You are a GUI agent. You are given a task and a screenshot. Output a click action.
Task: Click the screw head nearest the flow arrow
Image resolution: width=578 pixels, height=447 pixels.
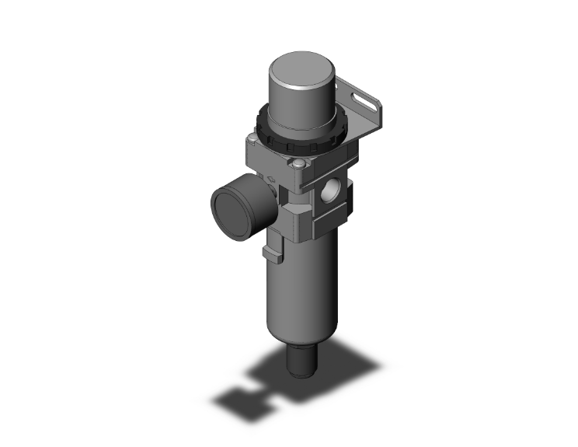coord(298,164)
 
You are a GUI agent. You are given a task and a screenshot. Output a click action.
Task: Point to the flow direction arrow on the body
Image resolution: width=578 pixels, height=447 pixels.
coord(274,181)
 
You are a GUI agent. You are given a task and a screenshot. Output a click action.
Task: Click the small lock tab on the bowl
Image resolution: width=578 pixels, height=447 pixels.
coord(269,250)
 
